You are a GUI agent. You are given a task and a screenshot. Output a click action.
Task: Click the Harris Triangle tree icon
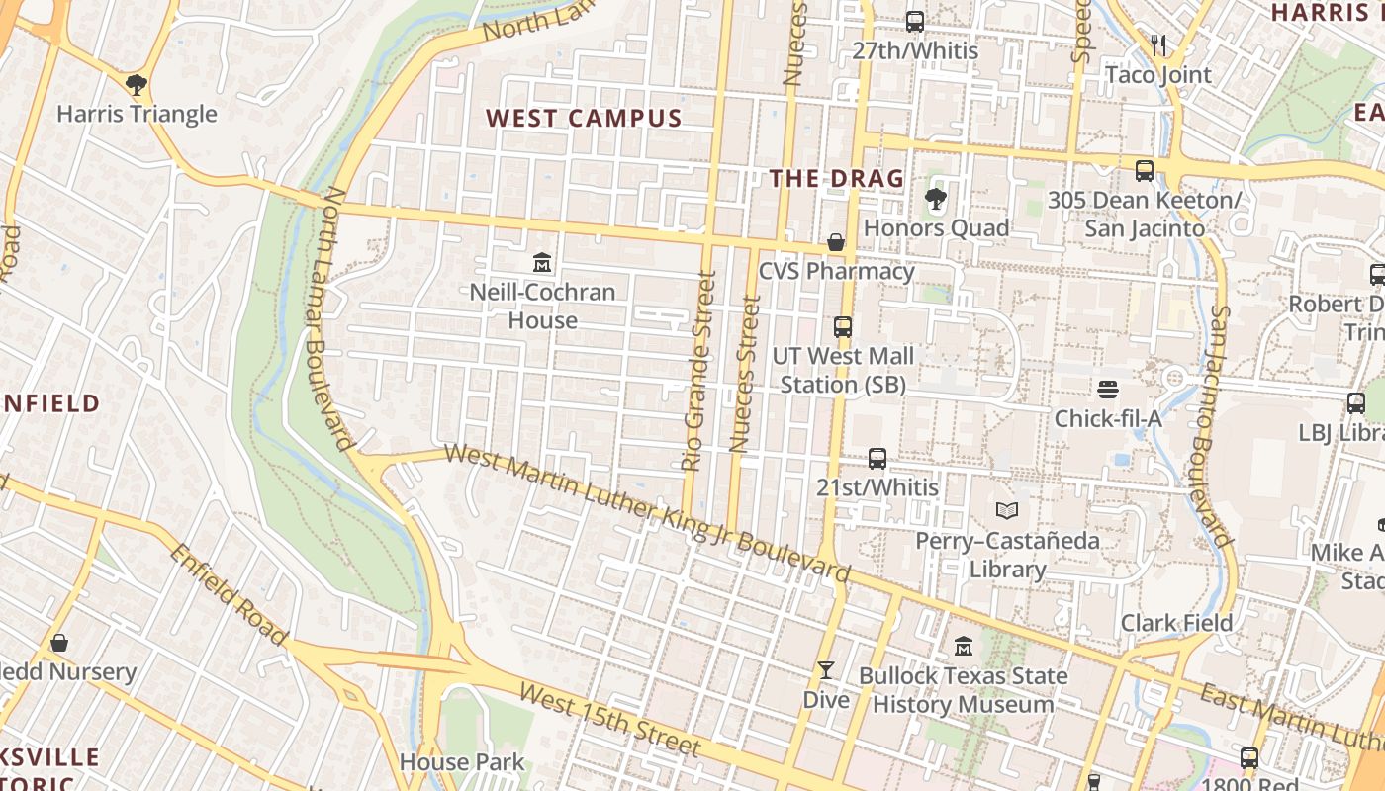tap(136, 84)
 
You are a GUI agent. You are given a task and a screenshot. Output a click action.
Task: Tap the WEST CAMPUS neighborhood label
tap(584, 119)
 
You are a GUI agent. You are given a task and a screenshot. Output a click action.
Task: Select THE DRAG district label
tap(837, 179)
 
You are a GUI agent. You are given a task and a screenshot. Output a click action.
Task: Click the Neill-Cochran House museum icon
tap(542, 263)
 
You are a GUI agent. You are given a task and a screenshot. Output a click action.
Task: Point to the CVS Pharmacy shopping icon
tap(836, 242)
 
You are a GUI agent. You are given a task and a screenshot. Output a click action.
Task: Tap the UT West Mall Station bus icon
tap(843, 326)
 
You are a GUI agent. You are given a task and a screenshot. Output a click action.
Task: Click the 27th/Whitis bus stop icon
tap(915, 22)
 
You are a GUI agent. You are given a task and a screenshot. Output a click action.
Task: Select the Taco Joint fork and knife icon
tap(1158, 45)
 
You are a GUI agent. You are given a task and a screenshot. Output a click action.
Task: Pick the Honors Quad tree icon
tap(935, 200)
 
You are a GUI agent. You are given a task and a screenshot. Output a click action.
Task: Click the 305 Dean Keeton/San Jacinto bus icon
tap(1145, 170)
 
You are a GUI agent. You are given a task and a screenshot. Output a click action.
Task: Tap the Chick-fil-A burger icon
tap(1107, 390)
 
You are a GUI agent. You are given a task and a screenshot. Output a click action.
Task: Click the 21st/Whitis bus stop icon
tap(877, 458)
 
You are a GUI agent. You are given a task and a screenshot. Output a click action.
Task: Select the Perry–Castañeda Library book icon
tap(1007, 511)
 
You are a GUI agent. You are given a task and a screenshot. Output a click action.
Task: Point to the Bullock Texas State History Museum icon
tap(964, 647)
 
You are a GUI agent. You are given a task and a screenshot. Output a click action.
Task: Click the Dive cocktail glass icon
tap(825, 670)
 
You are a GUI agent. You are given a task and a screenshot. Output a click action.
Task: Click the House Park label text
tap(462, 762)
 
